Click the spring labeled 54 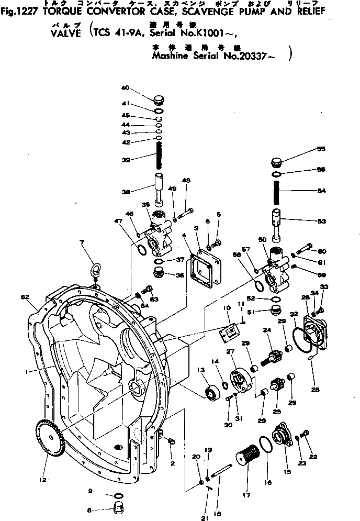coord(278,191)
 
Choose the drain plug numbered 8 coord(120,508)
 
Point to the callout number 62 coord(25,296)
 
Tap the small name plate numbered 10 coord(229,332)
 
